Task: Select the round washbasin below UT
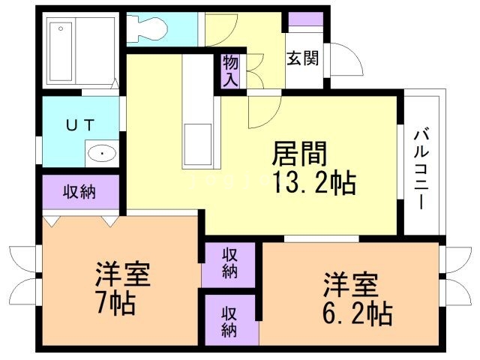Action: [x=100, y=155]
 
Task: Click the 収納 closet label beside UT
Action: [x=79, y=192]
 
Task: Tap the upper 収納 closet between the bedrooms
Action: [x=229, y=263]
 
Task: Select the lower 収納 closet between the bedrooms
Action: [x=229, y=319]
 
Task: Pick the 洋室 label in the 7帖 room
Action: [x=123, y=274]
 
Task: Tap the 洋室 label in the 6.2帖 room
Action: [x=351, y=285]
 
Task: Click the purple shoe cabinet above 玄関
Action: [x=304, y=20]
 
